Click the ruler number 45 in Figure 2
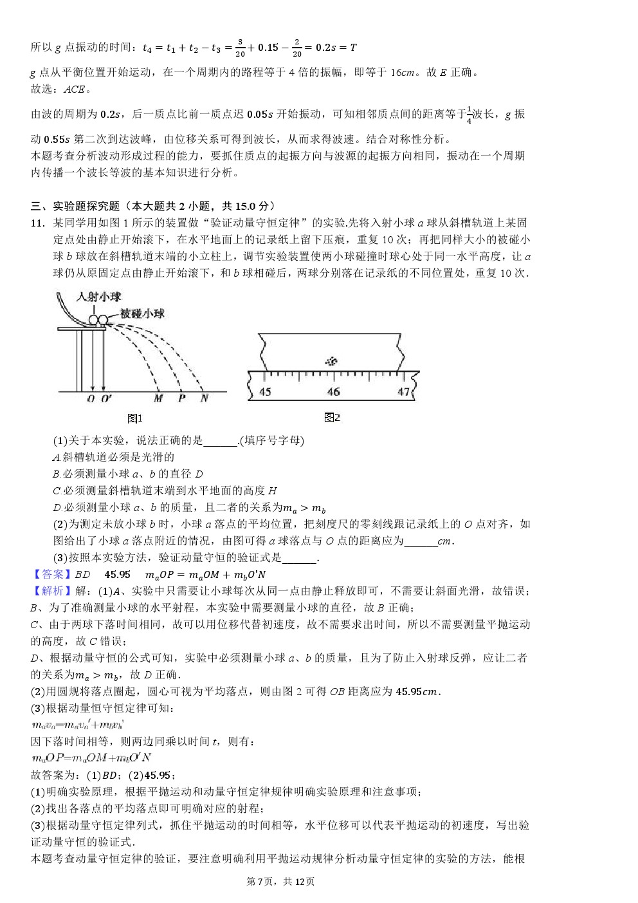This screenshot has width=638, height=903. (x=265, y=391)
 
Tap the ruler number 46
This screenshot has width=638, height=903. (x=333, y=391)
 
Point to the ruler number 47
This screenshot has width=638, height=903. (x=403, y=391)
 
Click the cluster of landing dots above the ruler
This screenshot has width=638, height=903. (x=331, y=361)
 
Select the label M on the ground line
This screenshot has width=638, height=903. (x=158, y=398)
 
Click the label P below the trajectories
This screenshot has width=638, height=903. (x=182, y=398)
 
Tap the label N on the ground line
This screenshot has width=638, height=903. (x=205, y=398)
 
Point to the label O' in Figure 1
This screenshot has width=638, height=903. (x=106, y=399)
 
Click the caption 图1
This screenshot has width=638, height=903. (x=135, y=418)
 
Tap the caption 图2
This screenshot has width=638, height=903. (x=332, y=417)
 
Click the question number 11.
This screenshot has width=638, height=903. (x=38, y=223)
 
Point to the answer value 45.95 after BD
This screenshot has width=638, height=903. (x=117, y=574)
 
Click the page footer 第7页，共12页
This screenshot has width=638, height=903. (x=280, y=881)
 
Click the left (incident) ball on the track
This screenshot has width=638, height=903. (x=94, y=321)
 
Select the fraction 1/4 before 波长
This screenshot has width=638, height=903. (x=469, y=114)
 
